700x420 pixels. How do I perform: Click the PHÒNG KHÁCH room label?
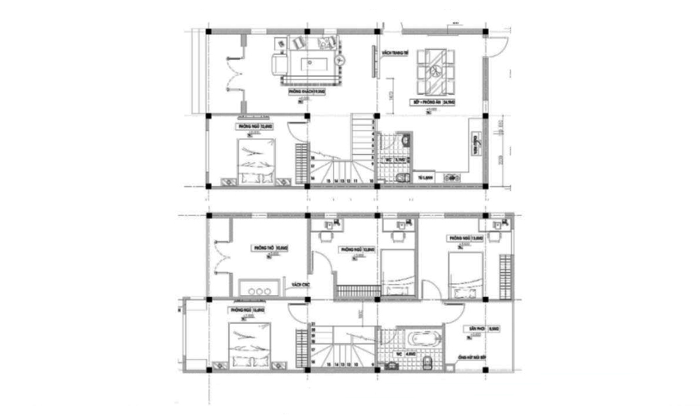306,92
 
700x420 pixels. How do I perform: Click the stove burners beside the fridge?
451,178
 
